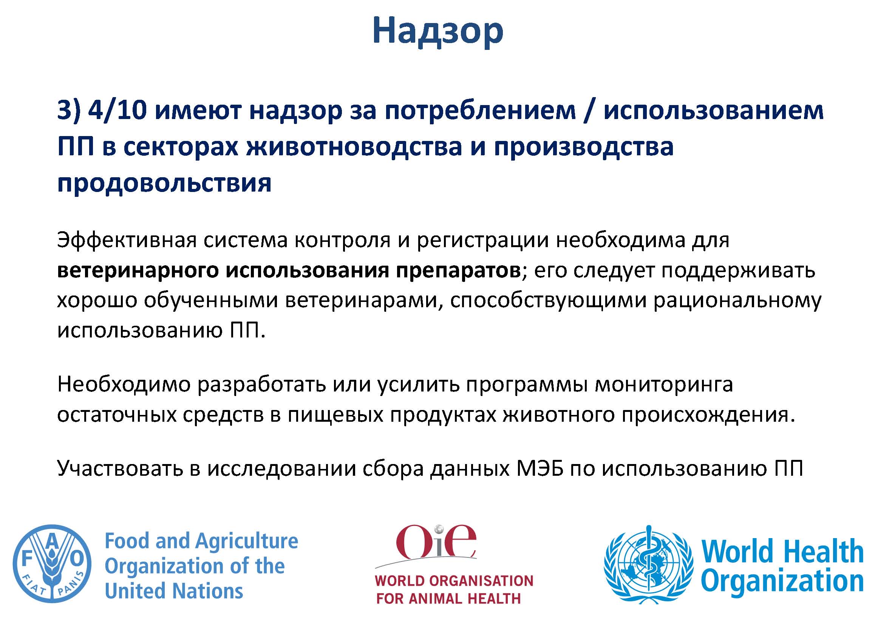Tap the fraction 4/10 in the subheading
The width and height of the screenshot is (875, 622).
tap(117, 110)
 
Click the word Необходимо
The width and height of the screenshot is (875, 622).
tap(124, 385)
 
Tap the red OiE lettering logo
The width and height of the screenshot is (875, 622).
tap(436, 541)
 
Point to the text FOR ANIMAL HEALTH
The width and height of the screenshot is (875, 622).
tap(448, 598)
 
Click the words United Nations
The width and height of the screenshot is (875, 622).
tap(174, 591)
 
